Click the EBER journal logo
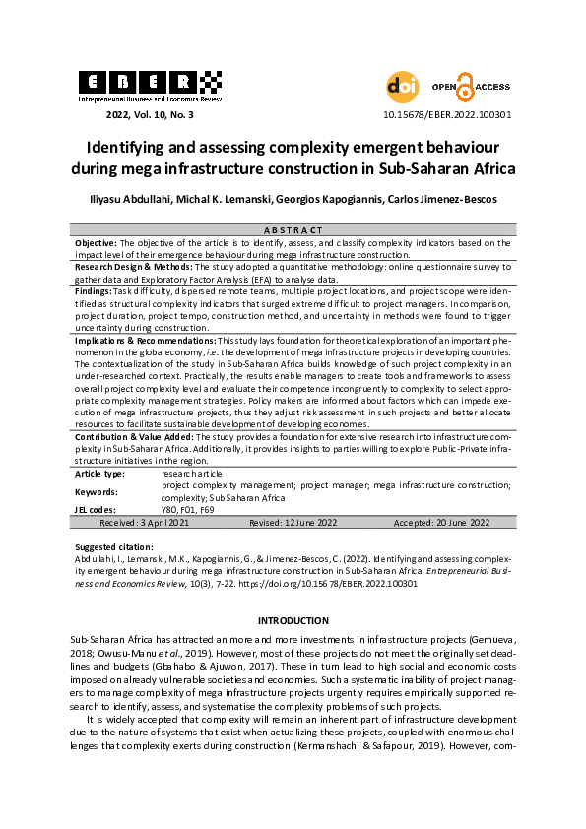[149, 85]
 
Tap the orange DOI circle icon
[401, 87]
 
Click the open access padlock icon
[466, 87]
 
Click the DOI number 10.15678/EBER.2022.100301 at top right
[446, 114]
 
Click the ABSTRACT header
[293, 229]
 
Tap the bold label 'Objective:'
[97, 242]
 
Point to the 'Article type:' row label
[99, 474]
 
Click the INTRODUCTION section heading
[293, 620]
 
